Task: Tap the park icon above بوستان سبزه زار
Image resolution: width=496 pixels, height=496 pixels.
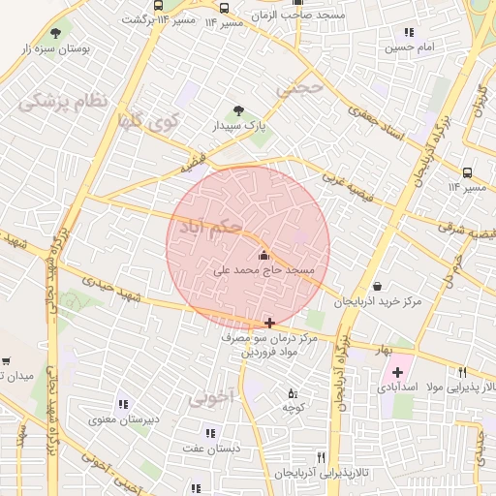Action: pos(67,29)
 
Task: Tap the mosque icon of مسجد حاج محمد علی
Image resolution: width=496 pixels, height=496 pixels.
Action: pos(265,255)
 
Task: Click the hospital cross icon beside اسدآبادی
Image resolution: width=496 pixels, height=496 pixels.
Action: pos(397,372)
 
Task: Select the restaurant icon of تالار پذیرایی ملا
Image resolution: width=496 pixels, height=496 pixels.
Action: pos(463,372)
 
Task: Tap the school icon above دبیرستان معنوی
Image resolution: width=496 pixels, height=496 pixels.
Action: pos(123,404)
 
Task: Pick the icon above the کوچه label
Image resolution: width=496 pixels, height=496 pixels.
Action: pos(293,392)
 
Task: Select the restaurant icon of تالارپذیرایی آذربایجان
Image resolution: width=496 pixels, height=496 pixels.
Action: pos(321,458)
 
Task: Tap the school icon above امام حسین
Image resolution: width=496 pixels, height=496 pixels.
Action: pos(393,31)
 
